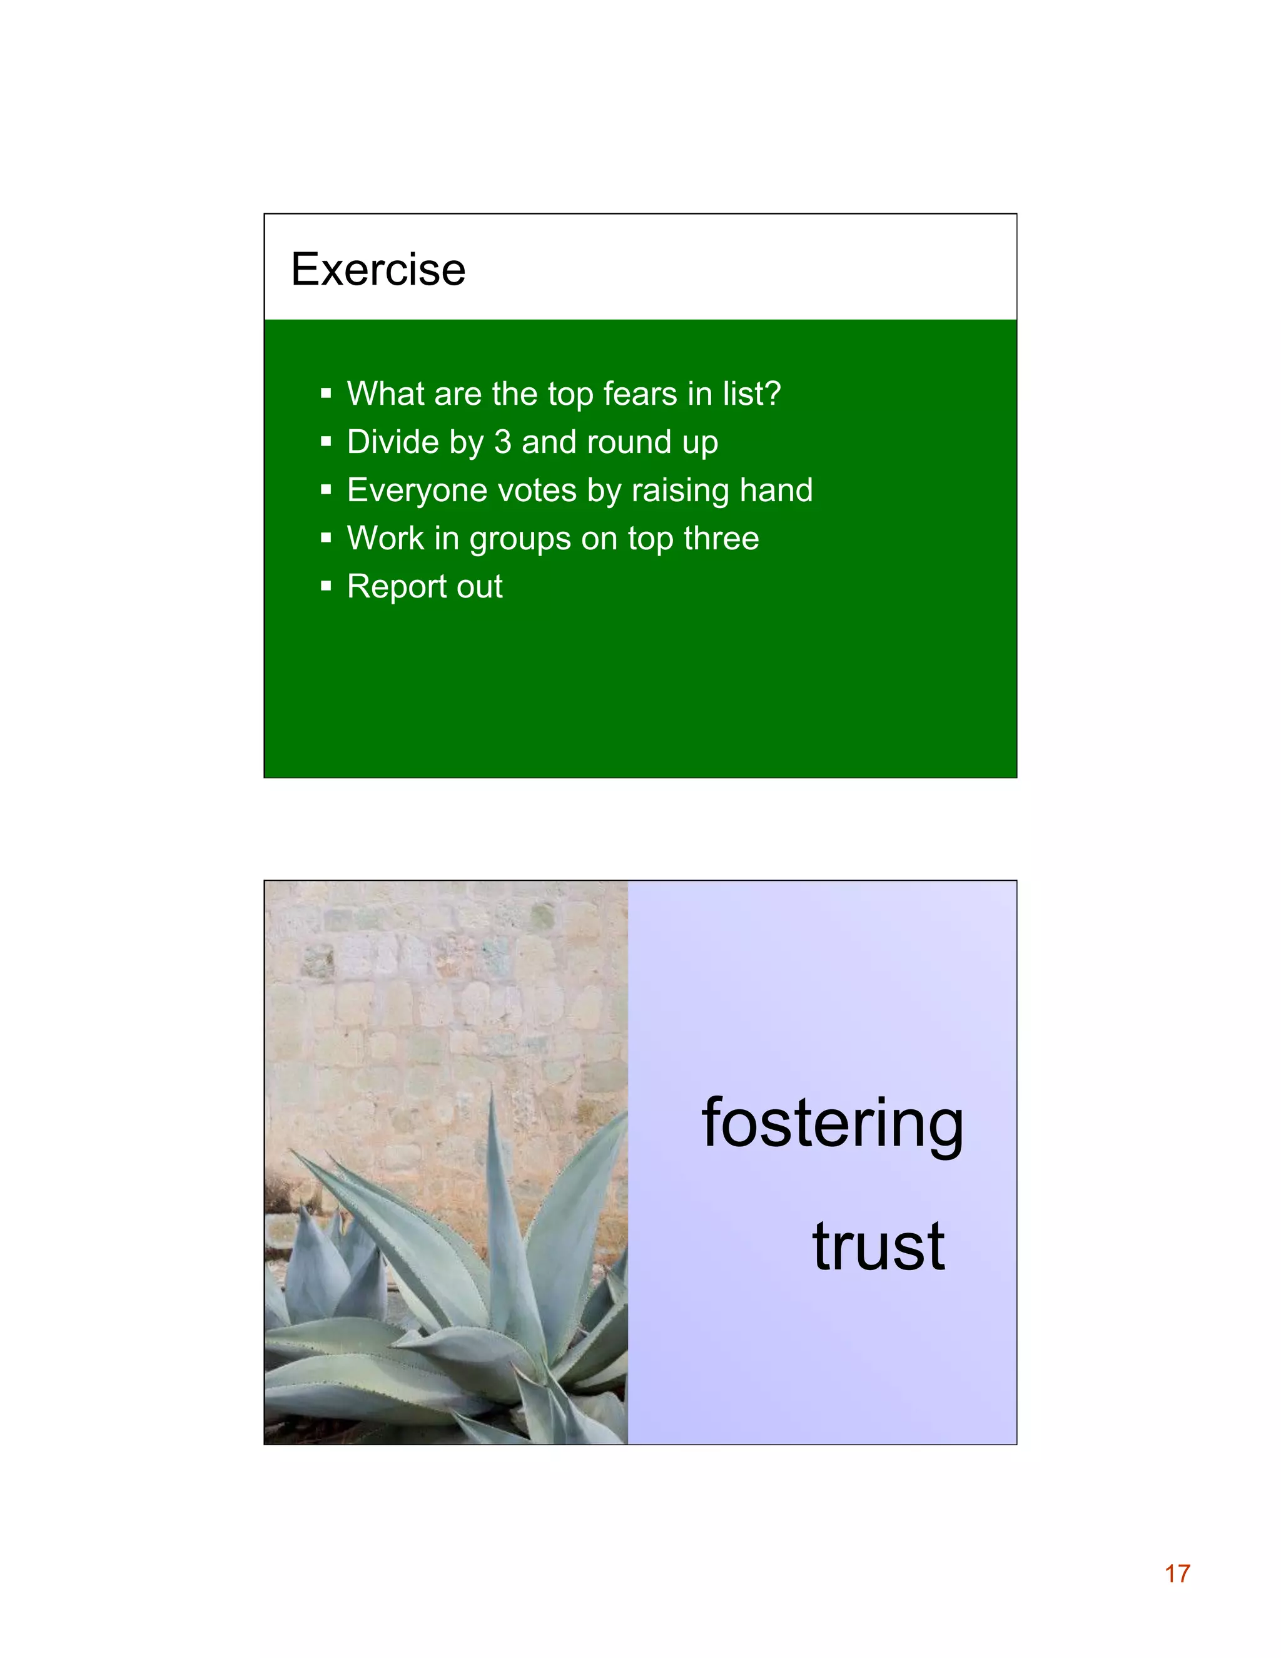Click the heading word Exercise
click(x=378, y=270)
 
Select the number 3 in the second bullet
click(x=502, y=442)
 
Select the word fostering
click(x=833, y=1124)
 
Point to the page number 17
click(x=1177, y=1574)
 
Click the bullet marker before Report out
click(x=327, y=586)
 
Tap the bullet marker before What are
click(x=327, y=394)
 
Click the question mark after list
click(x=772, y=394)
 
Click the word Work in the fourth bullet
click(x=385, y=538)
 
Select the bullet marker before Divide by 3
click(x=327, y=441)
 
